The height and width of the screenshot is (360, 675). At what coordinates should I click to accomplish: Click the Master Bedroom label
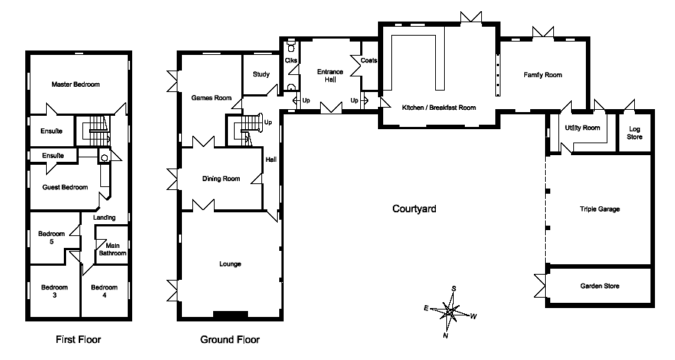pyautogui.click(x=75, y=85)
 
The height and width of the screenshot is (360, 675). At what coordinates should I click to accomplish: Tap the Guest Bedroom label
pyautogui.click(x=65, y=187)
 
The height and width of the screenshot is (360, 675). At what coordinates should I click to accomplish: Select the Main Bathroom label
pyautogui.click(x=113, y=249)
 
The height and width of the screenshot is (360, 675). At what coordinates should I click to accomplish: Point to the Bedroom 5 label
pyautogui.click(x=52, y=238)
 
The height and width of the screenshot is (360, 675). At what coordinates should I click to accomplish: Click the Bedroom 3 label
pyautogui.click(x=54, y=291)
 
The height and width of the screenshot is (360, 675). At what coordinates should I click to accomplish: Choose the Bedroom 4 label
pyautogui.click(x=104, y=291)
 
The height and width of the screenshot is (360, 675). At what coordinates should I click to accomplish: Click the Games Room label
pyautogui.click(x=212, y=98)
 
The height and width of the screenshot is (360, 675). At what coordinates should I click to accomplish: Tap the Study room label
pyautogui.click(x=261, y=74)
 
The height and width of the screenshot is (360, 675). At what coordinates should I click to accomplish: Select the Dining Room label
pyautogui.click(x=221, y=178)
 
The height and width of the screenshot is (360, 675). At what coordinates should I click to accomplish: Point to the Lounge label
pyautogui.click(x=230, y=264)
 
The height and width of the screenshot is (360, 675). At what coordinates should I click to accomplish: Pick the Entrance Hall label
pyautogui.click(x=330, y=75)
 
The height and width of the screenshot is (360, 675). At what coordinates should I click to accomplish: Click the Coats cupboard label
pyautogui.click(x=369, y=60)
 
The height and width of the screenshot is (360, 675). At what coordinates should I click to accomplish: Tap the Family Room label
pyautogui.click(x=543, y=75)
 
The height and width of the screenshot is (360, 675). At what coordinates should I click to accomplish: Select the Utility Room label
pyautogui.click(x=582, y=128)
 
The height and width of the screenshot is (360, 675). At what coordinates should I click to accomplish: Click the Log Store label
pyautogui.click(x=635, y=133)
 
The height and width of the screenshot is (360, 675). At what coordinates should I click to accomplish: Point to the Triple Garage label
pyautogui.click(x=600, y=209)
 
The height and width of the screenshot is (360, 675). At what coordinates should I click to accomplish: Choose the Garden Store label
pyautogui.click(x=600, y=286)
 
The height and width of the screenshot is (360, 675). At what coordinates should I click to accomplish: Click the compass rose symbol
pyautogui.click(x=450, y=312)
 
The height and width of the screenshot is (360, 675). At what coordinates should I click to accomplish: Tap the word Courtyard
pyautogui.click(x=414, y=209)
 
